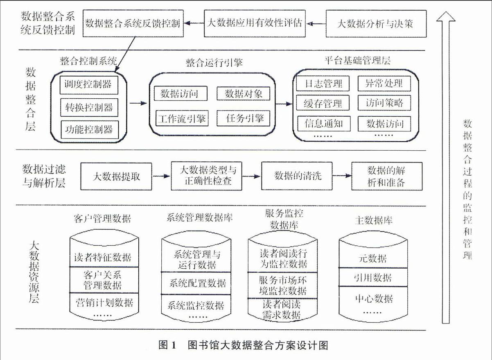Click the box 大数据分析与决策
click(376, 23)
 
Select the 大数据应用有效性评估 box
click(255, 23)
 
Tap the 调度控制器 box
click(89, 85)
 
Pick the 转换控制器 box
click(89, 107)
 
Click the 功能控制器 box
click(90, 130)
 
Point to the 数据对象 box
click(244, 94)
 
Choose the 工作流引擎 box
click(182, 119)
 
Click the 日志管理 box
click(323, 84)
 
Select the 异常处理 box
click(384, 84)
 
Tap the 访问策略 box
click(384, 103)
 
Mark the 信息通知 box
click(324, 124)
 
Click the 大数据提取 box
click(116, 176)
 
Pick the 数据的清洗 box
click(297, 176)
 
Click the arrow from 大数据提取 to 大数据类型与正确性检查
click(161, 176)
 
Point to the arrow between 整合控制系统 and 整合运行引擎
click(138, 103)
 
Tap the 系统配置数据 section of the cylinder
click(196, 283)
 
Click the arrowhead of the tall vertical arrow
click(446, 16)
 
